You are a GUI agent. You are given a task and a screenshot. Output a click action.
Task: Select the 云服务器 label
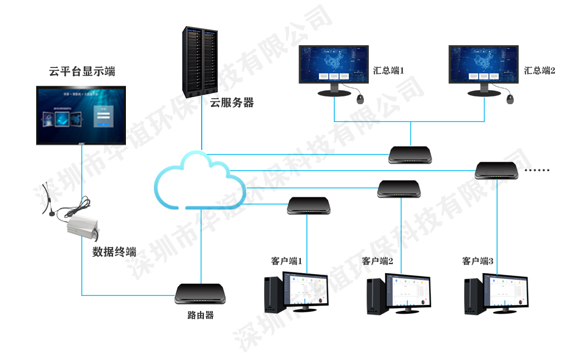232,103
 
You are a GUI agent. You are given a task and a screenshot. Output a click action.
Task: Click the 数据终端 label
114,251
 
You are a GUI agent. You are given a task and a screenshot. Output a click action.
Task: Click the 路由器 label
201,315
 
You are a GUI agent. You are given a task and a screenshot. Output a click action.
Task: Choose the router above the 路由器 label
201,294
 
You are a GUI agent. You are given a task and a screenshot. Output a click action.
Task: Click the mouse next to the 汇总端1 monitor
360,99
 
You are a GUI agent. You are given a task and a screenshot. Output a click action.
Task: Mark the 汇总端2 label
539,71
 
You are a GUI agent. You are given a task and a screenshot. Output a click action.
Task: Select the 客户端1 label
286,261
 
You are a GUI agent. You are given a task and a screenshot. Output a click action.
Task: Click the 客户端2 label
378,261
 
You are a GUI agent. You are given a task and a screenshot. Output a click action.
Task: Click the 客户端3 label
478,261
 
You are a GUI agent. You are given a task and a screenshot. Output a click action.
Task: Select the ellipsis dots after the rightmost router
538,170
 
